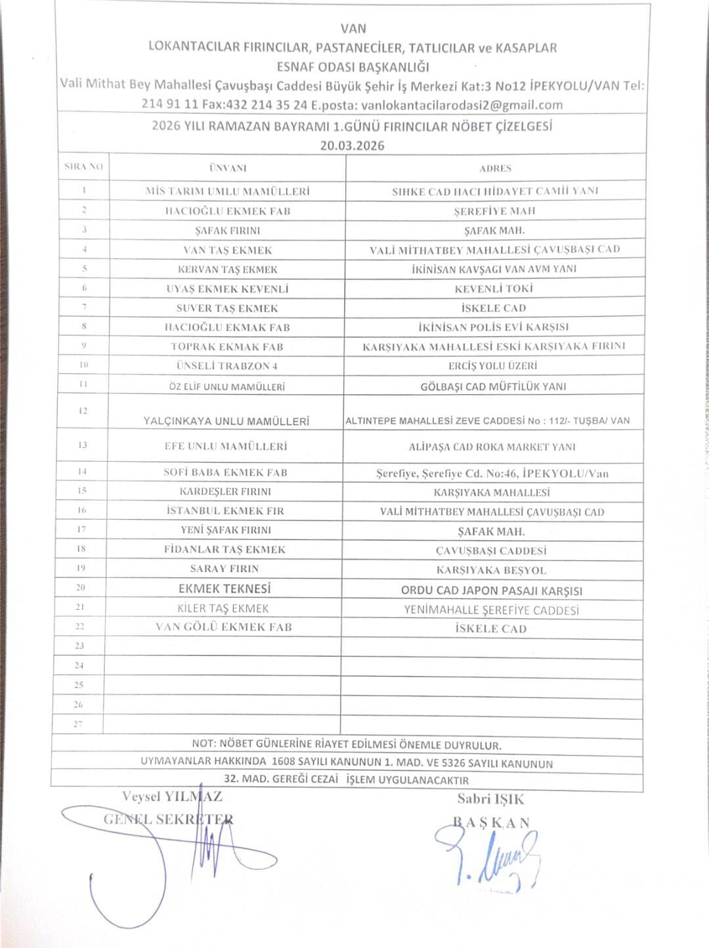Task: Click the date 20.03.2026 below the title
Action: (x=352, y=146)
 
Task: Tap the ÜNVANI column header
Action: (x=228, y=168)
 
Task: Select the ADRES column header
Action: (x=495, y=168)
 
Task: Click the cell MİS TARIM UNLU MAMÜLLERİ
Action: (x=227, y=192)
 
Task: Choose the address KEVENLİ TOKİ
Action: (x=494, y=288)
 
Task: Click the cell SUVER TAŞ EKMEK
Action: (x=227, y=307)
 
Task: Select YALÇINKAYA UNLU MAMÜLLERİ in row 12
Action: (x=226, y=421)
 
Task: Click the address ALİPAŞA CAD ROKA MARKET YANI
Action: (x=492, y=447)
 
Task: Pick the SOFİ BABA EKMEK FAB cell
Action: (x=225, y=472)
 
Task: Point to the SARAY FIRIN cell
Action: (x=225, y=568)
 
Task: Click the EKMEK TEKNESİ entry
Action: (x=225, y=589)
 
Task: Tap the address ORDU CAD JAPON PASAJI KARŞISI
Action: (x=491, y=591)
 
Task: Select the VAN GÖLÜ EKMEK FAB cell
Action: (x=224, y=627)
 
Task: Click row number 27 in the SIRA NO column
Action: (x=78, y=724)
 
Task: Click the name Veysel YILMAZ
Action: (x=172, y=796)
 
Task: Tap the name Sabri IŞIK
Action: (x=490, y=799)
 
